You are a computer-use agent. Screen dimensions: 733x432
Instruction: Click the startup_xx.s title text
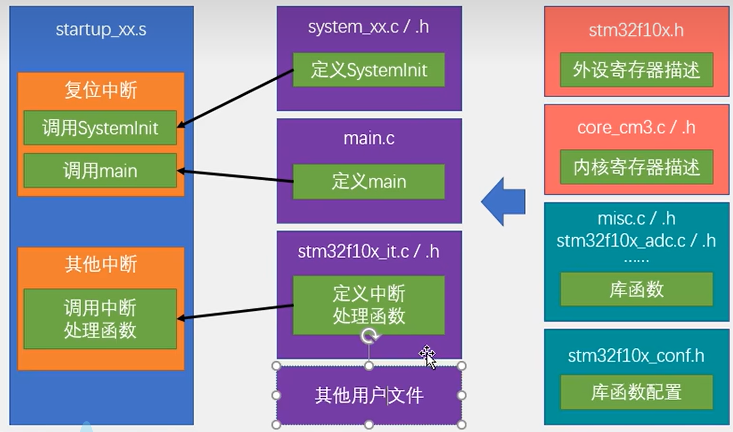click(x=101, y=30)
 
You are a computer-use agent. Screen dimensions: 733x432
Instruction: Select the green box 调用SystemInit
click(x=100, y=128)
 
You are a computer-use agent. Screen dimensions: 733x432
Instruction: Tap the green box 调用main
click(x=100, y=170)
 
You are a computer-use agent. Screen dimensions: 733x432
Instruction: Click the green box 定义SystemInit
click(x=369, y=70)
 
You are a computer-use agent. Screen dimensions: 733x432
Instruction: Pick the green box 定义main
click(x=369, y=182)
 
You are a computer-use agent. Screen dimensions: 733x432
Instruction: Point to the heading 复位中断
click(x=101, y=90)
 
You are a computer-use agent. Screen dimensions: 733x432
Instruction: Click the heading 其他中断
click(x=101, y=264)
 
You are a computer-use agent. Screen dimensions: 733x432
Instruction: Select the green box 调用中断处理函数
click(x=100, y=319)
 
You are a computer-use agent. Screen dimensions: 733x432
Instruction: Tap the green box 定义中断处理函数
click(x=369, y=305)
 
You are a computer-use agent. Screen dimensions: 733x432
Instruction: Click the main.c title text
click(x=369, y=138)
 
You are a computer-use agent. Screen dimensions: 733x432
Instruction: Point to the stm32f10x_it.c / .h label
click(x=369, y=252)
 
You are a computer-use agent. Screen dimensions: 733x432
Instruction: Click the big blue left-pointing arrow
click(x=503, y=202)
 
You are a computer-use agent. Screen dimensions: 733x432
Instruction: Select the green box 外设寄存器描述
click(x=636, y=70)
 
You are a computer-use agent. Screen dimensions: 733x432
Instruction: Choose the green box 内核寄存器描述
click(x=636, y=167)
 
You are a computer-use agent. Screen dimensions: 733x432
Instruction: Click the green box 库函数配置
click(x=636, y=392)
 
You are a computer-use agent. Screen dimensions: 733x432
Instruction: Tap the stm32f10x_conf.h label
click(x=636, y=356)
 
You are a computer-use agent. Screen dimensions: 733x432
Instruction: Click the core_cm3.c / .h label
click(x=636, y=128)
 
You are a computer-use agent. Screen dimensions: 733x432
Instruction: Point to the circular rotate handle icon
click(x=370, y=336)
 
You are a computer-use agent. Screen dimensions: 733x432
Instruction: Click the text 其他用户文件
click(x=369, y=395)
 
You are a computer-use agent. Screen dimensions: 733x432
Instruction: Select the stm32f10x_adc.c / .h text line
click(x=636, y=241)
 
